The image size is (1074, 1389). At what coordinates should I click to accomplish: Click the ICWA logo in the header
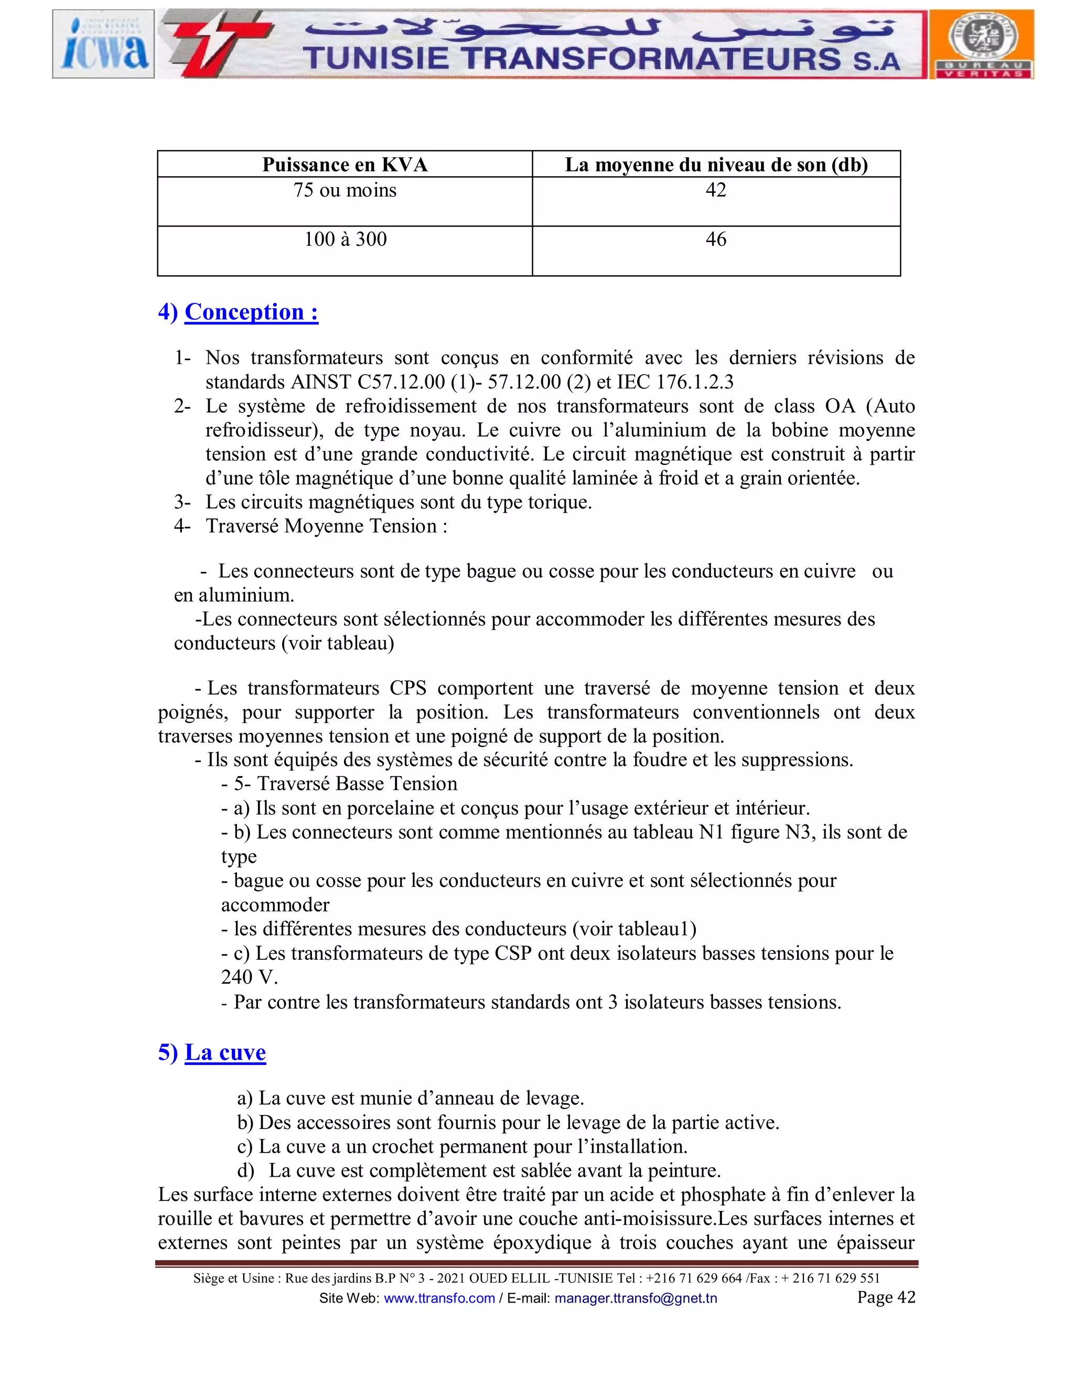103,44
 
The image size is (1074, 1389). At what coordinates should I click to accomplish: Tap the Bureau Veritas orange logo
982,44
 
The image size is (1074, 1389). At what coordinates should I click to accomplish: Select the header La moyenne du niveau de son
716,165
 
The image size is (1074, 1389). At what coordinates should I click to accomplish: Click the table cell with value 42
716,190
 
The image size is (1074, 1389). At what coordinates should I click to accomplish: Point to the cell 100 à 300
345,240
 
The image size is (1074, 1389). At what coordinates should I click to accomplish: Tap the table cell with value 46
716,240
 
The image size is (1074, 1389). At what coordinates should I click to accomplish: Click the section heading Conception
251,312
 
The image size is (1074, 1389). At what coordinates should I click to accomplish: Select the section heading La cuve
224,1052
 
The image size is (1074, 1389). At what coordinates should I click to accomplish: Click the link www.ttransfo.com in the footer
439,1298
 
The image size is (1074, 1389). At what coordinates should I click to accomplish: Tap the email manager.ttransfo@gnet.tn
636,1298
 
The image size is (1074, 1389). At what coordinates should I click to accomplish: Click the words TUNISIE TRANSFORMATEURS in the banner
572,59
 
